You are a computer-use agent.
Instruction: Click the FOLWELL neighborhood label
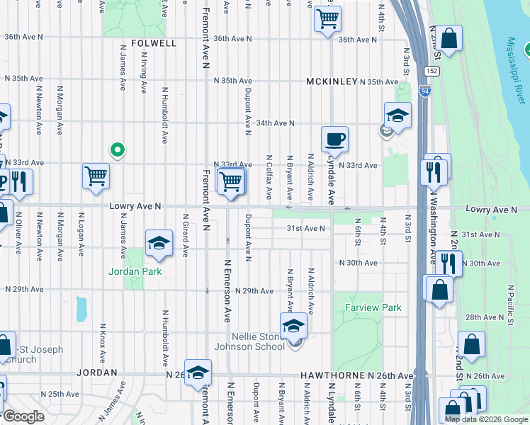(154, 43)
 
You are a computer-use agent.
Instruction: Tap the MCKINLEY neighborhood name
(332, 82)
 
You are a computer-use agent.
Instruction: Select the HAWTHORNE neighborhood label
(328, 375)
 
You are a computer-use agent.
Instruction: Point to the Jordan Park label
(135, 271)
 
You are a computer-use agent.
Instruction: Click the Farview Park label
(373, 307)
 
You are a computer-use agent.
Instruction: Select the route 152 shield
(431, 72)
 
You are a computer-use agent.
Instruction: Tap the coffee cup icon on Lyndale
(334, 139)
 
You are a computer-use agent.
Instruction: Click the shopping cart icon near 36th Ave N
(327, 19)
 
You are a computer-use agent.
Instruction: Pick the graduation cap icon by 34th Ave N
(397, 115)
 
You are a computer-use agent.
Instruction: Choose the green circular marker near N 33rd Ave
(118, 149)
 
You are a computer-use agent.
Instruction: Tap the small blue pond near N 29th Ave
(81, 309)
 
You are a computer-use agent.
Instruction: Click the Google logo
(23, 417)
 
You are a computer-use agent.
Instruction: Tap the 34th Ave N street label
(274, 123)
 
